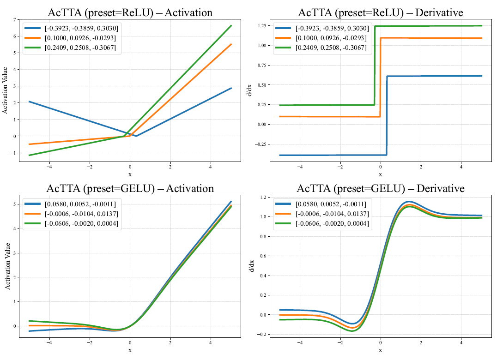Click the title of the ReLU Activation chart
130,12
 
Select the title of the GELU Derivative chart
380,188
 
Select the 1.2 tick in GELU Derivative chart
264,198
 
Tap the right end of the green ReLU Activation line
231,26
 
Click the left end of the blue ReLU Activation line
29,102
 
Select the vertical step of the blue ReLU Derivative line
387,115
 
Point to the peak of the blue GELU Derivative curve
409,202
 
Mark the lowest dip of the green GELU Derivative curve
352,331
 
